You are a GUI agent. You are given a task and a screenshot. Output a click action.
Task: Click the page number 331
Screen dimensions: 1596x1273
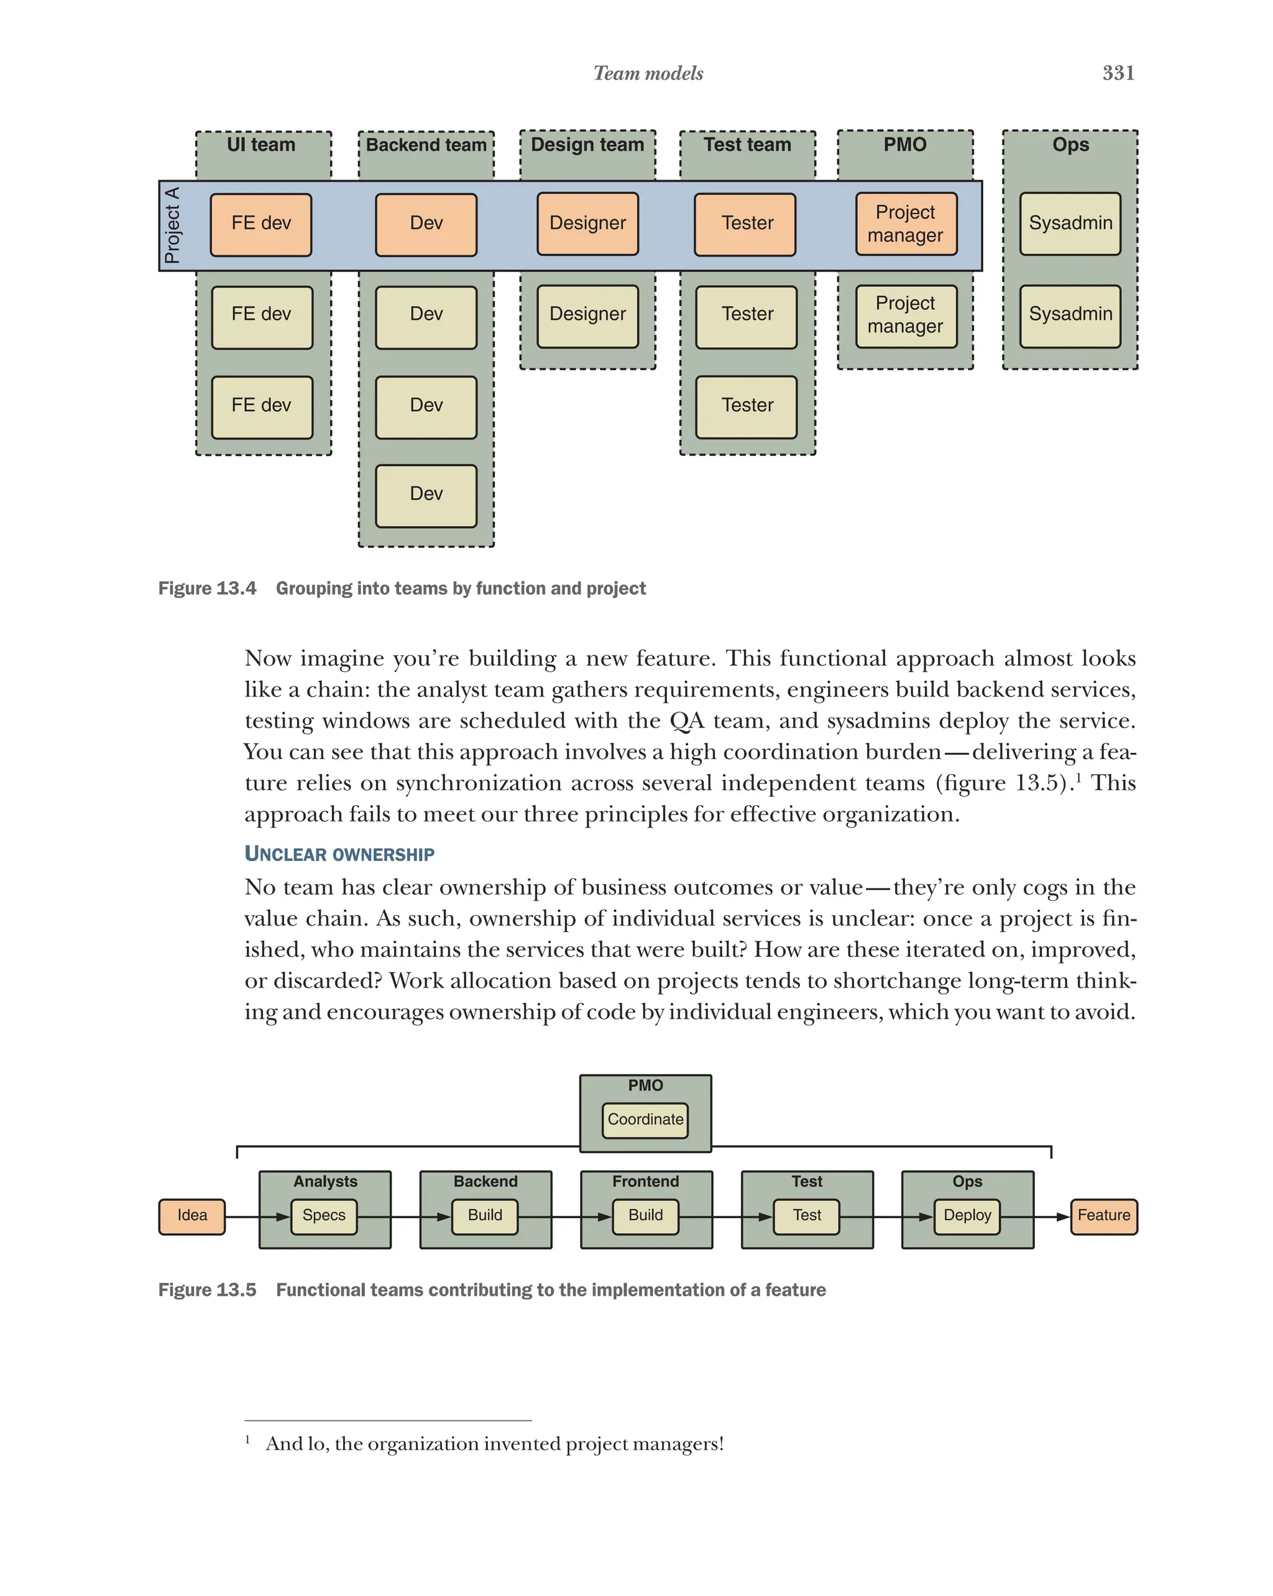click(x=1118, y=73)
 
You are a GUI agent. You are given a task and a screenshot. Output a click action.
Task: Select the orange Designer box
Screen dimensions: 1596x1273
click(x=587, y=224)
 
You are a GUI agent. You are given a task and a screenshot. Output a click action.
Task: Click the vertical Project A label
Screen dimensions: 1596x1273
click(x=172, y=225)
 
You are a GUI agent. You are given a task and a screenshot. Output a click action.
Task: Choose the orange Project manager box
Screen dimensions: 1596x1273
click(x=906, y=224)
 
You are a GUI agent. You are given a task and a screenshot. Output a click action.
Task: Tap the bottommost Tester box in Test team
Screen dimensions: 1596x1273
click(x=747, y=406)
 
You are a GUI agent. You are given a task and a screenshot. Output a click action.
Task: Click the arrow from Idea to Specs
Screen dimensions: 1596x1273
click(x=255, y=1216)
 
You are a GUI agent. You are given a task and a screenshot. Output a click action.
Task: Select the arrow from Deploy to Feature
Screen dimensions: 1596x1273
click(x=1034, y=1216)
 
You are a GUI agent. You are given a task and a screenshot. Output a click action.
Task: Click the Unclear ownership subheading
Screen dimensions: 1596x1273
click(x=339, y=854)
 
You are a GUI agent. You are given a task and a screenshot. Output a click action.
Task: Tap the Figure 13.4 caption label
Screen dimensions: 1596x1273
click(x=208, y=588)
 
